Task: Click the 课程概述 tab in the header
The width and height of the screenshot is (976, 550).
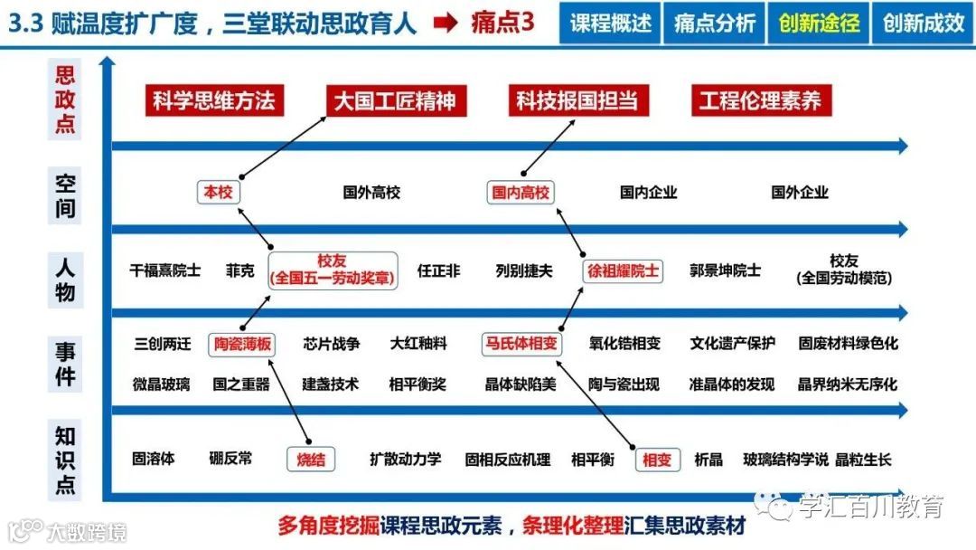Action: tap(611, 24)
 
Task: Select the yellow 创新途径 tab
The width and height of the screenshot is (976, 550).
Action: tap(819, 24)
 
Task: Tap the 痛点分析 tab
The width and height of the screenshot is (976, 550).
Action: tap(714, 24)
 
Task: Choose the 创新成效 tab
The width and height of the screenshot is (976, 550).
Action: tap(924, 24)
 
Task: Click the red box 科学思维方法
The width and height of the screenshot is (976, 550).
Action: tap(213, 100)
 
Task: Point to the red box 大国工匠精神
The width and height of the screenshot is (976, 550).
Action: tap(395, 100)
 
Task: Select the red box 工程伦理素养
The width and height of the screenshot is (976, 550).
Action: tap(760, 100)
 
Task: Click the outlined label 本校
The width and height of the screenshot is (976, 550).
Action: tap(218, 192)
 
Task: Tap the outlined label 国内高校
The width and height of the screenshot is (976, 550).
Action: tap(521, 192)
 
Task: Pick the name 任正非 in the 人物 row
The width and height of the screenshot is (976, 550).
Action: tap(438, 270)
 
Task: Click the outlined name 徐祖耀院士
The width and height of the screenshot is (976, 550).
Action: tap(624, 270)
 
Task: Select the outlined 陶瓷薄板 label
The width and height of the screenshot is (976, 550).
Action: tap(242, 344)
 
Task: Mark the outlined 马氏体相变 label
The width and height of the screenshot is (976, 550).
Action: tap(521, 344)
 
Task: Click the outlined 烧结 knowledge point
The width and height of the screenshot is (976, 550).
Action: tap(310, 460)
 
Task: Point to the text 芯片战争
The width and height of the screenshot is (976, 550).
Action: tap(332, 344)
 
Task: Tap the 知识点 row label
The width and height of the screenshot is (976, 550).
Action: tap(65, 460)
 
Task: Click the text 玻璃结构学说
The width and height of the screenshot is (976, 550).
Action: tap(784, 460)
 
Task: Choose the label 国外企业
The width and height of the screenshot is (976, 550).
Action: tap(799, 192)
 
